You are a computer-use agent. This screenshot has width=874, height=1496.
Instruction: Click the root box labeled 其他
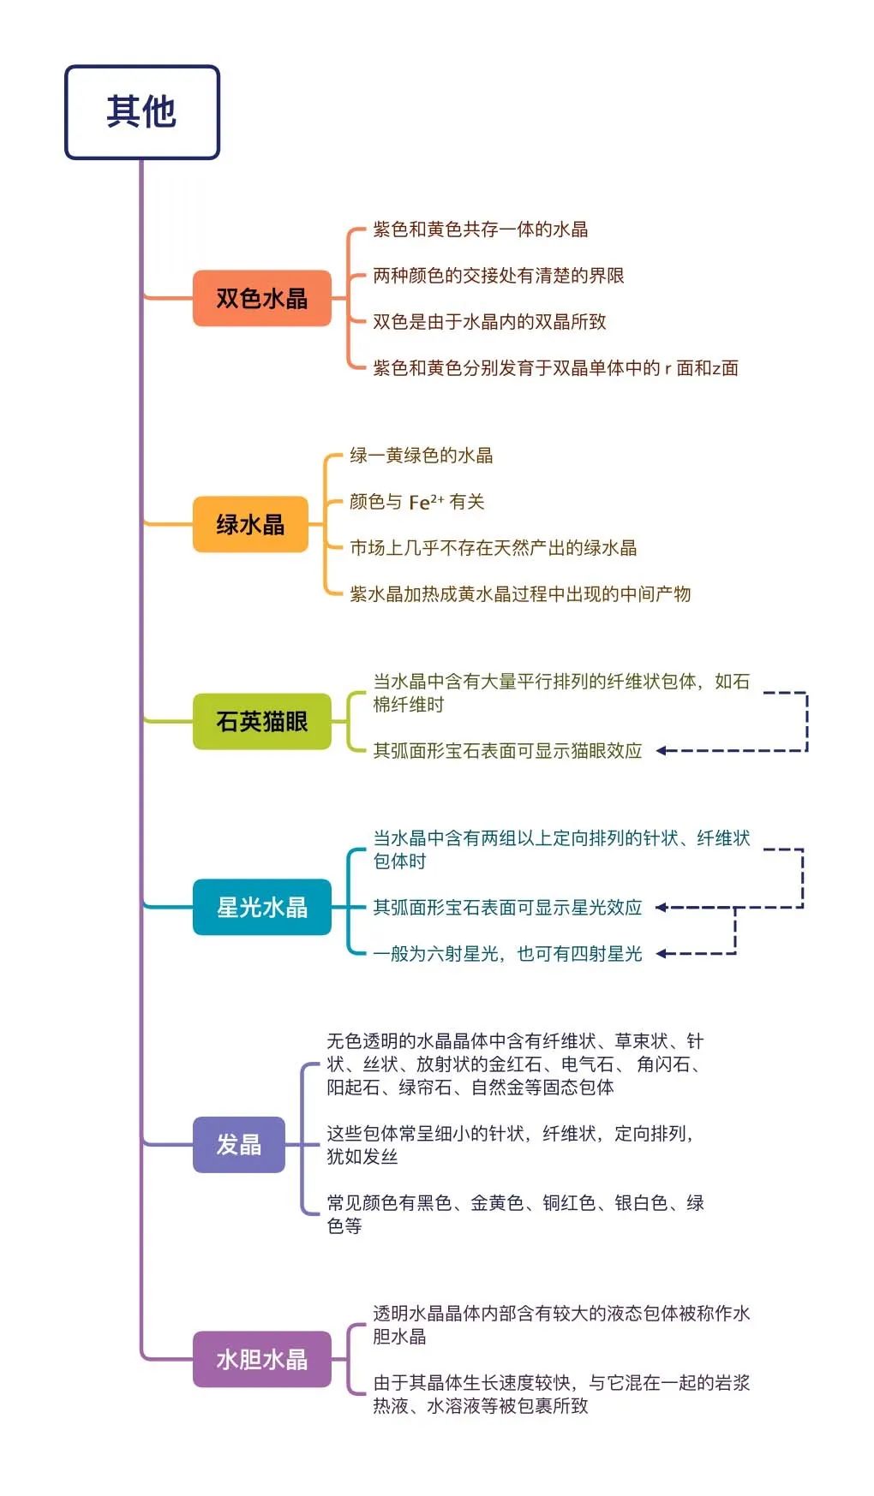coord(142,112)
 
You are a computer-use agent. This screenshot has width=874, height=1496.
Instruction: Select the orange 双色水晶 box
coord(262,298)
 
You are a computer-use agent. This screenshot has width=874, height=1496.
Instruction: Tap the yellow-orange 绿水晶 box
coord(250,524)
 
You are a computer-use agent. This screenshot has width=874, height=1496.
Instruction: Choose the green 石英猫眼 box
coord(262,721)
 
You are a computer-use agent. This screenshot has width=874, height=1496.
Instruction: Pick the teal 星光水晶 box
coord(262,907)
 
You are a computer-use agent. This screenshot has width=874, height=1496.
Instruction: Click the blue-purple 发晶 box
coord(239,1144)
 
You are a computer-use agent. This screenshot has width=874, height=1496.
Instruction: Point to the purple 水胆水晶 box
coord(262,1359)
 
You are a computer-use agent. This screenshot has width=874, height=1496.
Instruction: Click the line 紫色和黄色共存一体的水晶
coord(481,229)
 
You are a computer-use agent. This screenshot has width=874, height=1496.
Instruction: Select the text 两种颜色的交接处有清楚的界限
coord(499,276)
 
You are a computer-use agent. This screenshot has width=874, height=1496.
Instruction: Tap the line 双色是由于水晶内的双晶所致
coord(489,322)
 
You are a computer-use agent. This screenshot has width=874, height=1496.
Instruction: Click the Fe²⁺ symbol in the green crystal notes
coord(426,502)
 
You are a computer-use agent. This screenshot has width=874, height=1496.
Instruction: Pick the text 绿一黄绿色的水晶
coord(422,456)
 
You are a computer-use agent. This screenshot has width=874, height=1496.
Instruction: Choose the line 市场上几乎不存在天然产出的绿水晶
coord(494,548)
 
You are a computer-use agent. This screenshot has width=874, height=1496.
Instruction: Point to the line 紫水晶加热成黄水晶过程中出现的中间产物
coord(520,594)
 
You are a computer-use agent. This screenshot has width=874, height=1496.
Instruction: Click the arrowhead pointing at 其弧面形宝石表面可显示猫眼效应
coord(661,751)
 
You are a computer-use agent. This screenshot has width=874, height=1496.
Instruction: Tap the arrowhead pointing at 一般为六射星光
coord(661,953)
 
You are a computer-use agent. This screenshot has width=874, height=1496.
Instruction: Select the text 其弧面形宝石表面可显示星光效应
coord(507,908)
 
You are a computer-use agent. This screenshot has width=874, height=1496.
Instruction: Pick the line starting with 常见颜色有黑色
coord(516,1214)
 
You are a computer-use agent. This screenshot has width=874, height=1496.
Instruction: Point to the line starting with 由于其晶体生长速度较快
coord(561,1394)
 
